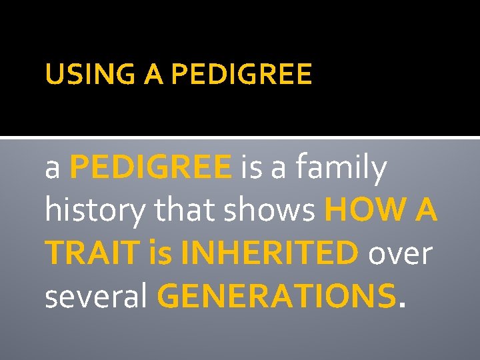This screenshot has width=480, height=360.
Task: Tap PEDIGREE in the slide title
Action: [241, 75]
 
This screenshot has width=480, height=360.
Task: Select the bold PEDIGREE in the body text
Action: [151, 169]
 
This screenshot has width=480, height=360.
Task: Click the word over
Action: [400, 254]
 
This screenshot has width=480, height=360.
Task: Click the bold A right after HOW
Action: [426, 211]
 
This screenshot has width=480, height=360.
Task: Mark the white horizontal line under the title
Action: [240, 138]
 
